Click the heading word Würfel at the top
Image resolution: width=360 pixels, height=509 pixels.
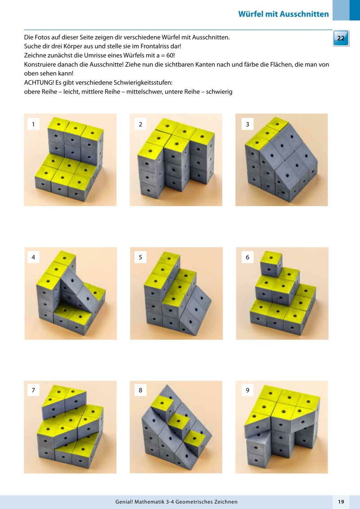pyautogui.click(x=252, y=14)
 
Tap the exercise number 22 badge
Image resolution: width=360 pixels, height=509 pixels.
pyautogui.click(x=341, y=38)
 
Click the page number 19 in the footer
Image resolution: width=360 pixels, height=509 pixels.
pyautogui.click(x=341, y=501)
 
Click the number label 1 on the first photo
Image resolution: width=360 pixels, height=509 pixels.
pyautogui.click(x=33, y=124)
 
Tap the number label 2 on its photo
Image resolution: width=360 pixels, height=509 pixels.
pyautogui.click(x=140, y=124)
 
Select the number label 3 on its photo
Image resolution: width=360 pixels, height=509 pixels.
pyautogui.click(x=247, y=124)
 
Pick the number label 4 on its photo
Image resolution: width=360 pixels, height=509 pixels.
pyautogui.click(x=33, y=257)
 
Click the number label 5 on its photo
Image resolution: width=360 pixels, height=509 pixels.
pyautogui.click(x=140, y=257)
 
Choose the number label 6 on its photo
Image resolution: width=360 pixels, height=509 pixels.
pyautogui.click(x=247, y=257)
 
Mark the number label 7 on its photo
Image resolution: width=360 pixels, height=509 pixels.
pyautogui.click(x=33, y=391)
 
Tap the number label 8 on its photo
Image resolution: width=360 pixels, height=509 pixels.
pyautogui.click(x=140, y=391)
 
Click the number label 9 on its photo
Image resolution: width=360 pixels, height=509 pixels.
pyautogui.click(x=247, y=391)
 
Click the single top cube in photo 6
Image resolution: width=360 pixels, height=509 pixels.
pyautogui.click(x=271, y=264)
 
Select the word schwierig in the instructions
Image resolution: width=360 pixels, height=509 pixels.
pyautogui.click(x=219, y=92)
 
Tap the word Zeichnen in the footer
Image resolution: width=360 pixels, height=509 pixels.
pyautogui.click(x=226, y=502)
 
